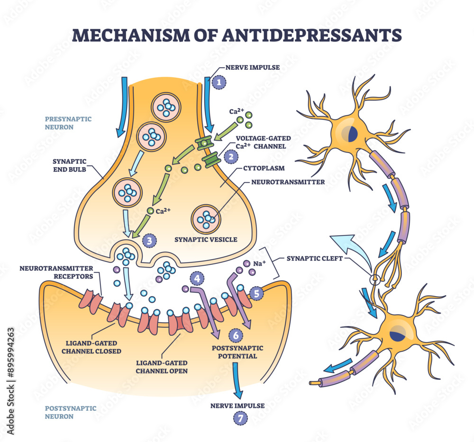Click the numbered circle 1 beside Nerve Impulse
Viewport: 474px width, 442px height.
tap(219, 82)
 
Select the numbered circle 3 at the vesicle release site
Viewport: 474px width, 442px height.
tap(150, 241)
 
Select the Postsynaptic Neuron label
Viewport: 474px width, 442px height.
tap(64, 412)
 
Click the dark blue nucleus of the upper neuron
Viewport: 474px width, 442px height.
tap(352, 134)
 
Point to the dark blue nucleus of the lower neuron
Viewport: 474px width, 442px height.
tap(394, 337)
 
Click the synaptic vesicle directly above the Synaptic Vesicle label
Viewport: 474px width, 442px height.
tap(206, 218)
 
